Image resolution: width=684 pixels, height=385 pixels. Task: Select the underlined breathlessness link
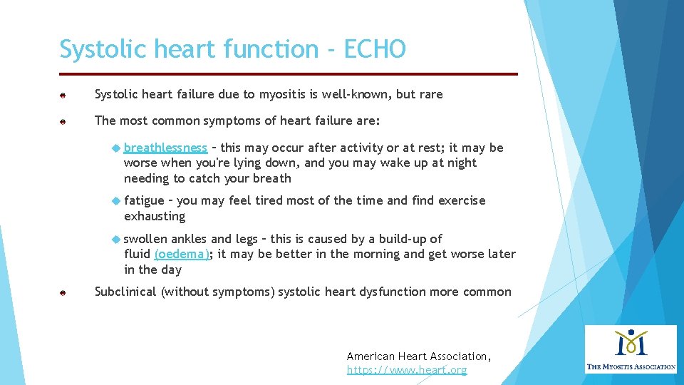165,148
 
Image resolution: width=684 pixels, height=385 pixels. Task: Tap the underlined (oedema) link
182,254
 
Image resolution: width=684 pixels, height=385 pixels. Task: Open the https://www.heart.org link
407,370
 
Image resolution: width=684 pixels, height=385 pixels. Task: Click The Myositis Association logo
631,349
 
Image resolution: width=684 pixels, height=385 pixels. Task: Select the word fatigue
143,200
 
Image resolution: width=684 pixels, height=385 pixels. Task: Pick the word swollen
145,239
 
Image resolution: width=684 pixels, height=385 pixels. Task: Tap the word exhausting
155,216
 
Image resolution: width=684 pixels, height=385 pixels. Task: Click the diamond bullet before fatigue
117,200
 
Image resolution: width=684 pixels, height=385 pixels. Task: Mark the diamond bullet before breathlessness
117,148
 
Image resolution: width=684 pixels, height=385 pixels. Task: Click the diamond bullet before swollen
117,239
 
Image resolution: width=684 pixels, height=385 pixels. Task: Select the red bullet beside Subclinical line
63,292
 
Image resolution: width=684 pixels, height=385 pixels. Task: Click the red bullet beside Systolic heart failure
63,95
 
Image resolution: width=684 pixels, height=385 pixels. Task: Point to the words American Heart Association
418,356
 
